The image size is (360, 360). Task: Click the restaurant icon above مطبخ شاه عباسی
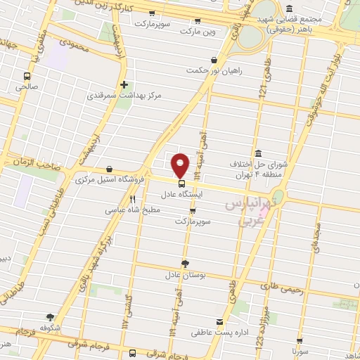pyautogui.click(x=132, y=199)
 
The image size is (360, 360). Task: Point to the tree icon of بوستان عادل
pyautogui.click(x=185, y=263)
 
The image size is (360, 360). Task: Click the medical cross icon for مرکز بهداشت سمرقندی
pyautogui.click(x=124, y=84)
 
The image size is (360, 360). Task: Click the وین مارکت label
pyautogui.click(x=199, y=32)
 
